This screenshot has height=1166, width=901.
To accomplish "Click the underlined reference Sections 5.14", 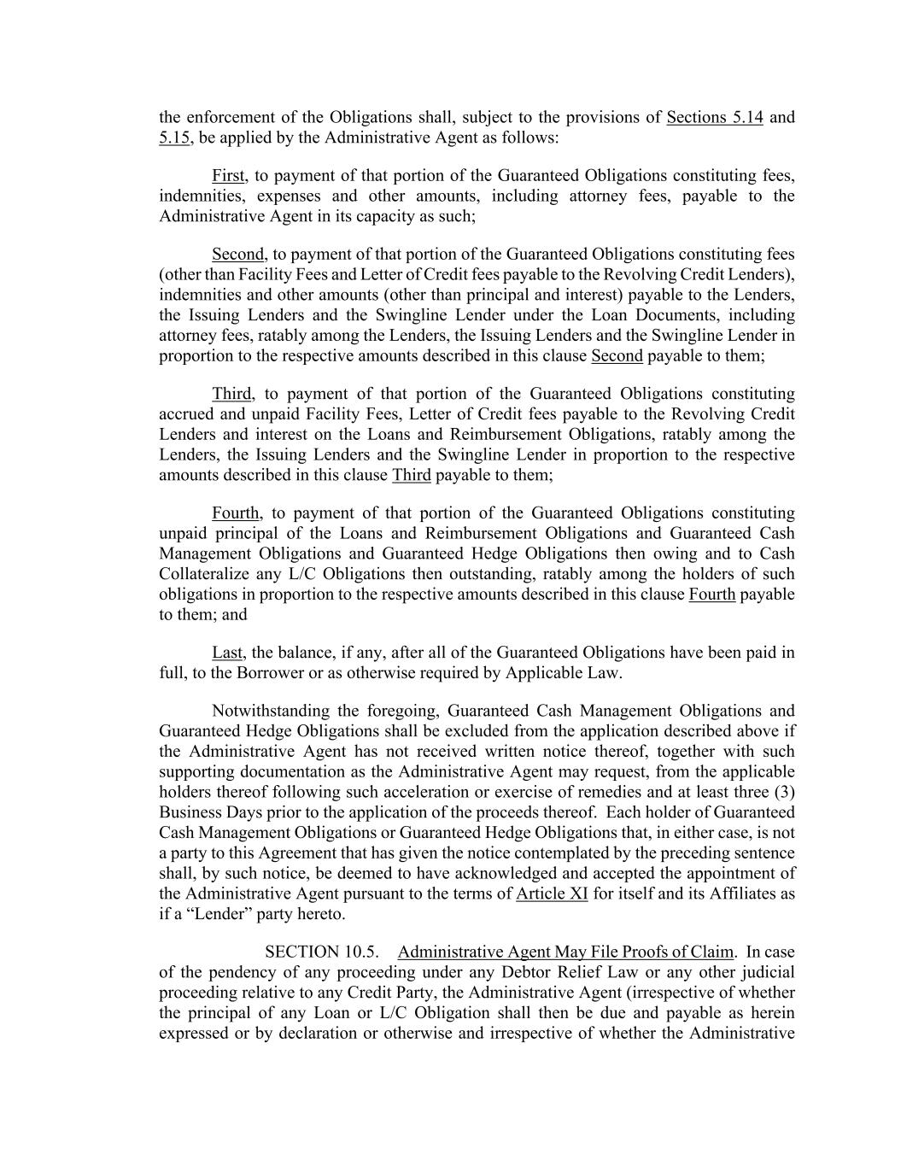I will point(714,118).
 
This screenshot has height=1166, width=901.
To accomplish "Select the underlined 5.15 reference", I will point(174,138).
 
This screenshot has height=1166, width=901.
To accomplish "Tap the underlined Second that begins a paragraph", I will point(238,254).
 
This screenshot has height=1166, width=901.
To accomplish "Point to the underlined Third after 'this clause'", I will point(411,475).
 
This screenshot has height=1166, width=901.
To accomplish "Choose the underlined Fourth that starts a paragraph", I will point(236,513).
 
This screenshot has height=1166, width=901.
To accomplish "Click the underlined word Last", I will point(227,653).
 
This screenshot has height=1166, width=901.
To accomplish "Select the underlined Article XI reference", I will point(552,894).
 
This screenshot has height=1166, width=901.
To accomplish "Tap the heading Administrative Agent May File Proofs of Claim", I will point(565,952).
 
